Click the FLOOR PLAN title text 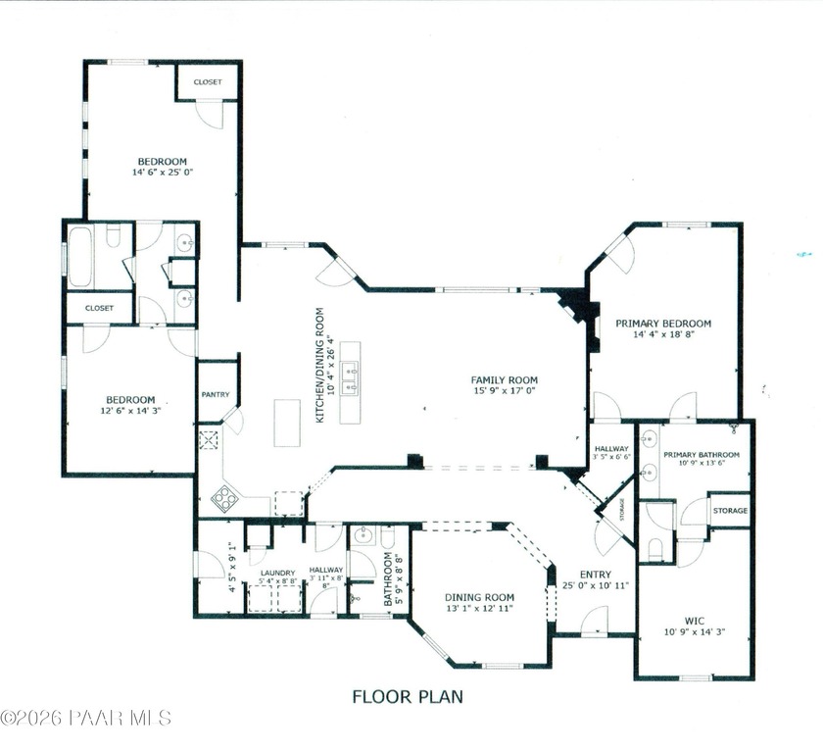[407, 697]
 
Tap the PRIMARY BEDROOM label [663, 323]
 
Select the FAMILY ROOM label [504, 380]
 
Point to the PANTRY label [216, 395]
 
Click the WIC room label [695, 620]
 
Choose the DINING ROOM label [479, 597]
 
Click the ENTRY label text [595, 575]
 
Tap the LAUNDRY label [277, 572]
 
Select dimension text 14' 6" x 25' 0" [162, 173]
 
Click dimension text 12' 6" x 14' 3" [130, 411]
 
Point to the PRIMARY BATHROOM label [701, 455]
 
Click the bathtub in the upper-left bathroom [79, 257]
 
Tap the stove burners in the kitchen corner [224, 498]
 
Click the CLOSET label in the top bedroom [207, 82]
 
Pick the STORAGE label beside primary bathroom [730, 511]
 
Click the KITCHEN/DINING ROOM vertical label [319, 365]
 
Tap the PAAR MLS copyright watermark [85, 719]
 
